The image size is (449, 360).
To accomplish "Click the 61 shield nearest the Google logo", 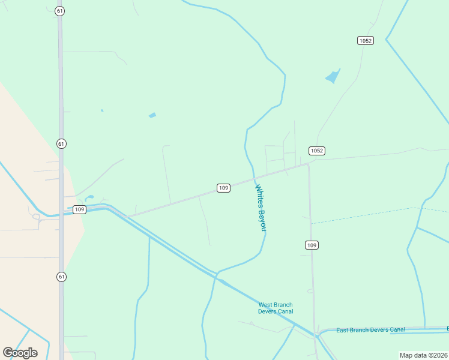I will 62,277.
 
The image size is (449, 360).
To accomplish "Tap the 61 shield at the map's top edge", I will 59,11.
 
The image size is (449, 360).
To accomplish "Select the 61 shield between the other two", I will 62,144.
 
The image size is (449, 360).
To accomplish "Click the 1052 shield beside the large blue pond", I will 365,40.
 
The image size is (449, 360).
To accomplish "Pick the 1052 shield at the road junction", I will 317,151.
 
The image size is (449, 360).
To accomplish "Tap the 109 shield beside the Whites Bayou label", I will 223,188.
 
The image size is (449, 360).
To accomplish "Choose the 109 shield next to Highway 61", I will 79,209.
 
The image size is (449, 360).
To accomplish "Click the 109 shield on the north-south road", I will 311,245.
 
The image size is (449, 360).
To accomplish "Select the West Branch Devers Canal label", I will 276,308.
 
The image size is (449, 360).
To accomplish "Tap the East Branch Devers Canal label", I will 370,330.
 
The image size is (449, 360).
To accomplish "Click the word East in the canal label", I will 342,331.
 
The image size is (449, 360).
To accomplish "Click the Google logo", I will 20,352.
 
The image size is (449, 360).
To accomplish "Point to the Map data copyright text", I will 424,355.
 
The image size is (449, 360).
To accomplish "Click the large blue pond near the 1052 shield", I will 332,77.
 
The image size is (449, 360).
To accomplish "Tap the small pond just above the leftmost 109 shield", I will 89,197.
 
